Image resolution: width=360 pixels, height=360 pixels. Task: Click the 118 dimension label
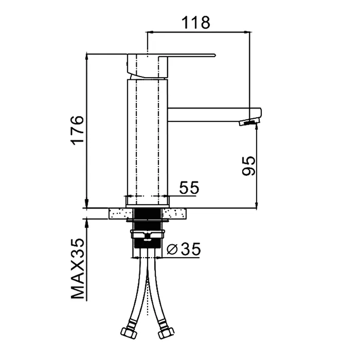pyautogui.click(x=195, y=23)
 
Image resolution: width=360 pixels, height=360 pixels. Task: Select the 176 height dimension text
pyautogui.click(x=77, y=130)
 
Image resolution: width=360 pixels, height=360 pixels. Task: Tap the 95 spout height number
pyautogui.click(x=248, y=166)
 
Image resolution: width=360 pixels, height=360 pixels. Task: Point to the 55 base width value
pyautogui.click(x=189, y=187)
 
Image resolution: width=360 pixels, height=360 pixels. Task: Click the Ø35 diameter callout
pyautogui.click(x=184, y=249)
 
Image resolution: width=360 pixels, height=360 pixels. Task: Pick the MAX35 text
pyautogui.click(x=77, y=268)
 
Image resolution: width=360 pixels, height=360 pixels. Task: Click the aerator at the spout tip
pyautogui.click(x=249, y=122)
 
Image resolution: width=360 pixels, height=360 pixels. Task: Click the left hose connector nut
pyautogui.click(x=128, y=333)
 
